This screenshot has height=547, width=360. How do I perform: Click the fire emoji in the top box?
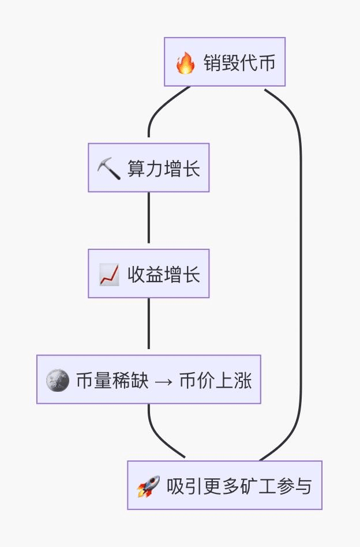[185, 62]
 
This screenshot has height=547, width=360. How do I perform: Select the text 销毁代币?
[239, 62]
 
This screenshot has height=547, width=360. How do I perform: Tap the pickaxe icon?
[108, 168]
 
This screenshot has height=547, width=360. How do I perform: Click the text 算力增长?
[164, 168]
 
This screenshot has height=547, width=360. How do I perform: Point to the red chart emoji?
[109, 274]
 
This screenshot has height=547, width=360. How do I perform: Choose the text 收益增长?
[164, 274]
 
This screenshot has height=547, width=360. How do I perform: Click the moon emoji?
[57, 380]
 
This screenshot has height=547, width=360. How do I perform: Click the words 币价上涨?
[216, 380]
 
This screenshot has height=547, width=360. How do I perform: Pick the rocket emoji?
[148, 486]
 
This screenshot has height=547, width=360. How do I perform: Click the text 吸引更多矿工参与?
[239, 486]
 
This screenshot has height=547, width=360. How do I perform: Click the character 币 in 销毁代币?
[267, 62]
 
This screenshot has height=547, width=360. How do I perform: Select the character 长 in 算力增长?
[192, 168]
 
